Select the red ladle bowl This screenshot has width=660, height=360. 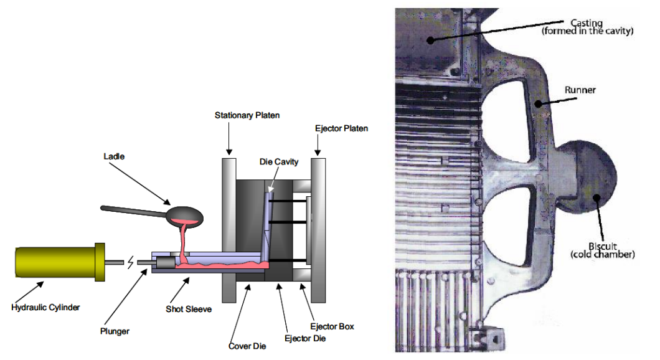(x=185, y=216)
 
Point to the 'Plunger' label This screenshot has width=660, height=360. (x=114, y=331)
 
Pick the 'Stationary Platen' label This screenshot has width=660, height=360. (x=247, y=115)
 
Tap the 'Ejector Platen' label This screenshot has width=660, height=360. (x=342, y=128)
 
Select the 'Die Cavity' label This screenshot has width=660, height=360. (x=280, y=162)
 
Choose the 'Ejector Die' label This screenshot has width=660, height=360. (x=305, y=338)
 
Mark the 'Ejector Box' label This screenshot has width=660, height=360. (x=336, y=327)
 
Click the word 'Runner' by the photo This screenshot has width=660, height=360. (x=580, y=90)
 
